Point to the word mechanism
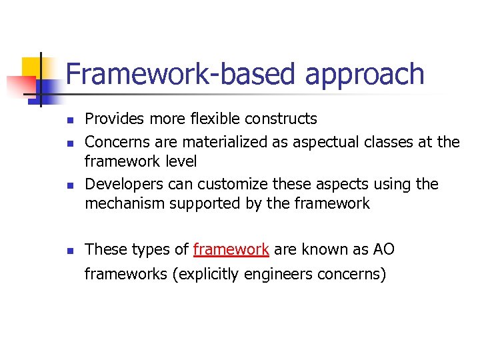[125, 204]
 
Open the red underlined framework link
[231, 249]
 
